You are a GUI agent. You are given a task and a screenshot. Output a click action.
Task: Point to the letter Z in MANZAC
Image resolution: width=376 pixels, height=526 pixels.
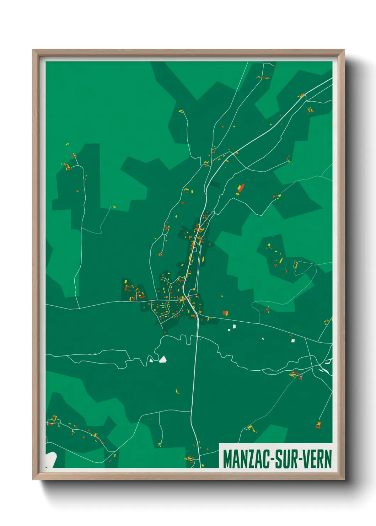tap(249, 459)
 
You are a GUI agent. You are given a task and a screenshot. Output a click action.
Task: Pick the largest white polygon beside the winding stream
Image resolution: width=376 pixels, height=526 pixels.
tap(163, 359)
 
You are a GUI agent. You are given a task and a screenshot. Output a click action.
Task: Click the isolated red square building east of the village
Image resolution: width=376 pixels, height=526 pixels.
tap(225, 313)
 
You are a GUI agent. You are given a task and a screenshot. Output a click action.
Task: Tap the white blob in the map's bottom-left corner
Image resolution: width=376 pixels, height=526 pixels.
tap(50, 458)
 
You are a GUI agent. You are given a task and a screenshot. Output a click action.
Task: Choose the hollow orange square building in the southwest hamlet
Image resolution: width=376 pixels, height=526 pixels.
tap(54, 418)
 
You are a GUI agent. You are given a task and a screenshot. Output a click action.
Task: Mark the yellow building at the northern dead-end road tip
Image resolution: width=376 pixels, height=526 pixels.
tap(181, 111)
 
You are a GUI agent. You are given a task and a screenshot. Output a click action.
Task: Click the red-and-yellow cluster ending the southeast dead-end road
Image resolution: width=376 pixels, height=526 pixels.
tap(318, 425)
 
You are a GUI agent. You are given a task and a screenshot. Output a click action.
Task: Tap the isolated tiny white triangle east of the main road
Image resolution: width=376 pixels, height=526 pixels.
tap(263, 338)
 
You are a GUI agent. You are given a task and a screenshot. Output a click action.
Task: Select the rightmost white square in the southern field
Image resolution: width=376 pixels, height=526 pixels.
tap(293, 340)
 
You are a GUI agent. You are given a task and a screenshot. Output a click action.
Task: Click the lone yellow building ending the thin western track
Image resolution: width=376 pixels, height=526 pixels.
tap(114, 206)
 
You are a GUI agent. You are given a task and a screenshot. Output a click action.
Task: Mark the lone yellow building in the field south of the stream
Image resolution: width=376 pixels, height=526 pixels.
tap(177, 391)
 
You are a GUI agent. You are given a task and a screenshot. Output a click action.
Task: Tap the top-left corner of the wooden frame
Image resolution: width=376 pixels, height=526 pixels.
tap(33, 50)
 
